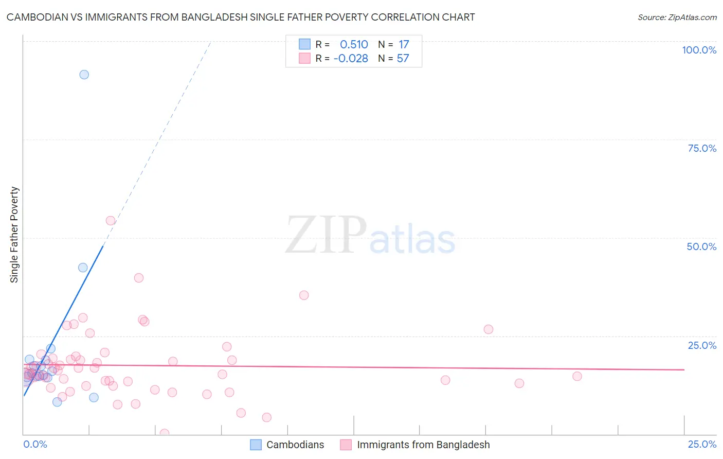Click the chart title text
[x=241, y=17]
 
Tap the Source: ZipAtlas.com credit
[x=677, y=17]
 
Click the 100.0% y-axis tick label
[x=699, y=50]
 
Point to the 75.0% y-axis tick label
[x=702, y=148]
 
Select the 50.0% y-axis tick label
[x=701, y=246]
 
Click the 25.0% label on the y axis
[x=702, y=345]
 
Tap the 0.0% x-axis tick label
[x=35, y=444]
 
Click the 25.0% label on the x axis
[x=702, y=444]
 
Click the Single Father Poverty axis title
[x=14, y=235]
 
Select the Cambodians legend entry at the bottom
[x=295, y=445]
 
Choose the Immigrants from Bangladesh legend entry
[x=423, y=445]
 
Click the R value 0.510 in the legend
[x=354, y=45]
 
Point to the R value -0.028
[x=351, y=59]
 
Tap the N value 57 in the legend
[x=403, y=59]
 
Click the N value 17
[x=404, y=45]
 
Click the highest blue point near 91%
[x=84, y=75]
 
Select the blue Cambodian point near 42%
[x=83, y=268]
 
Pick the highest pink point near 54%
[x=111, y=221]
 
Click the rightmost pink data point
[x=577, y=376]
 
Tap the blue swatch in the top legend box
[x=304, y=44]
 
